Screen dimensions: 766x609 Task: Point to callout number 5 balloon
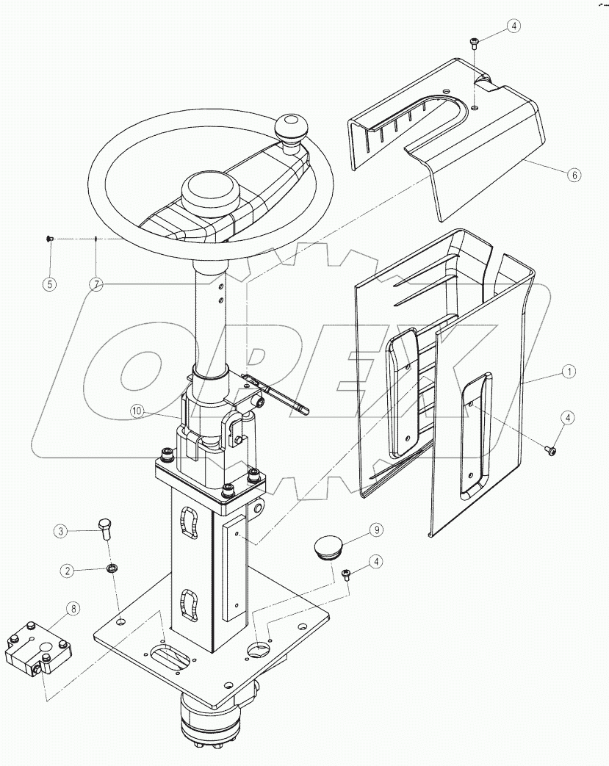pos(49,283)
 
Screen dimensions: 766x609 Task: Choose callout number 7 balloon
pos(96,283)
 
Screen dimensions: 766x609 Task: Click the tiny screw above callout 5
pos(49,238)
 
